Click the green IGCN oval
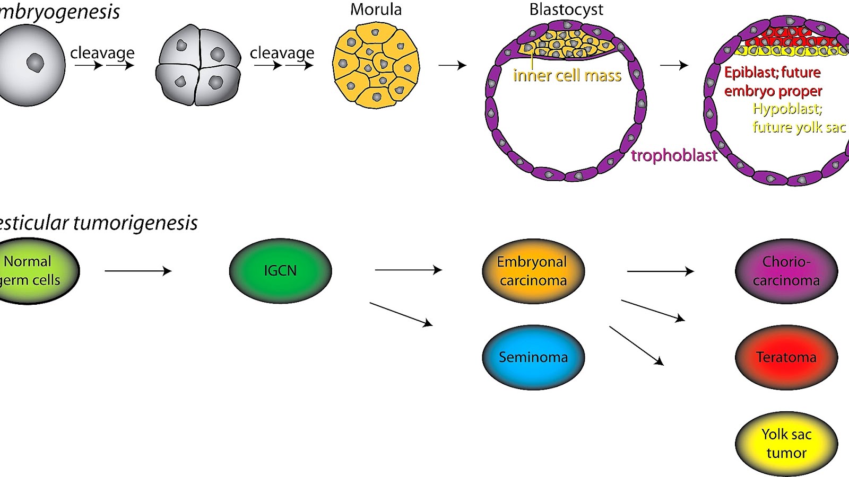[x=280, y=271]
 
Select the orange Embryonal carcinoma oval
[x=533, y=271]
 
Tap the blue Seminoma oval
[x=533, y=357]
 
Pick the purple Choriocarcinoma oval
[x=786, y=271]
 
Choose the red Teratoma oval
[x=786, y=357]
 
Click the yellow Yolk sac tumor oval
[x=786, y=444]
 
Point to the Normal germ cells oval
[x=32, y=271]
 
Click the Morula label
[x=376, y=10]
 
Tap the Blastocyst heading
[x=566, y=10]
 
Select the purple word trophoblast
[x=674, y=155]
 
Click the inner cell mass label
[x=567, y=76]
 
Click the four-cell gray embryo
[x=198, y=65]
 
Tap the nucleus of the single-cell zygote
[x=35, y=63]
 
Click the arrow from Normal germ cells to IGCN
[x=138, y=271]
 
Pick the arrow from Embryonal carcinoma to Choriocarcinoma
[x=660, y=271]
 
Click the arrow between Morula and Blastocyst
[x=452, y=65]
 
